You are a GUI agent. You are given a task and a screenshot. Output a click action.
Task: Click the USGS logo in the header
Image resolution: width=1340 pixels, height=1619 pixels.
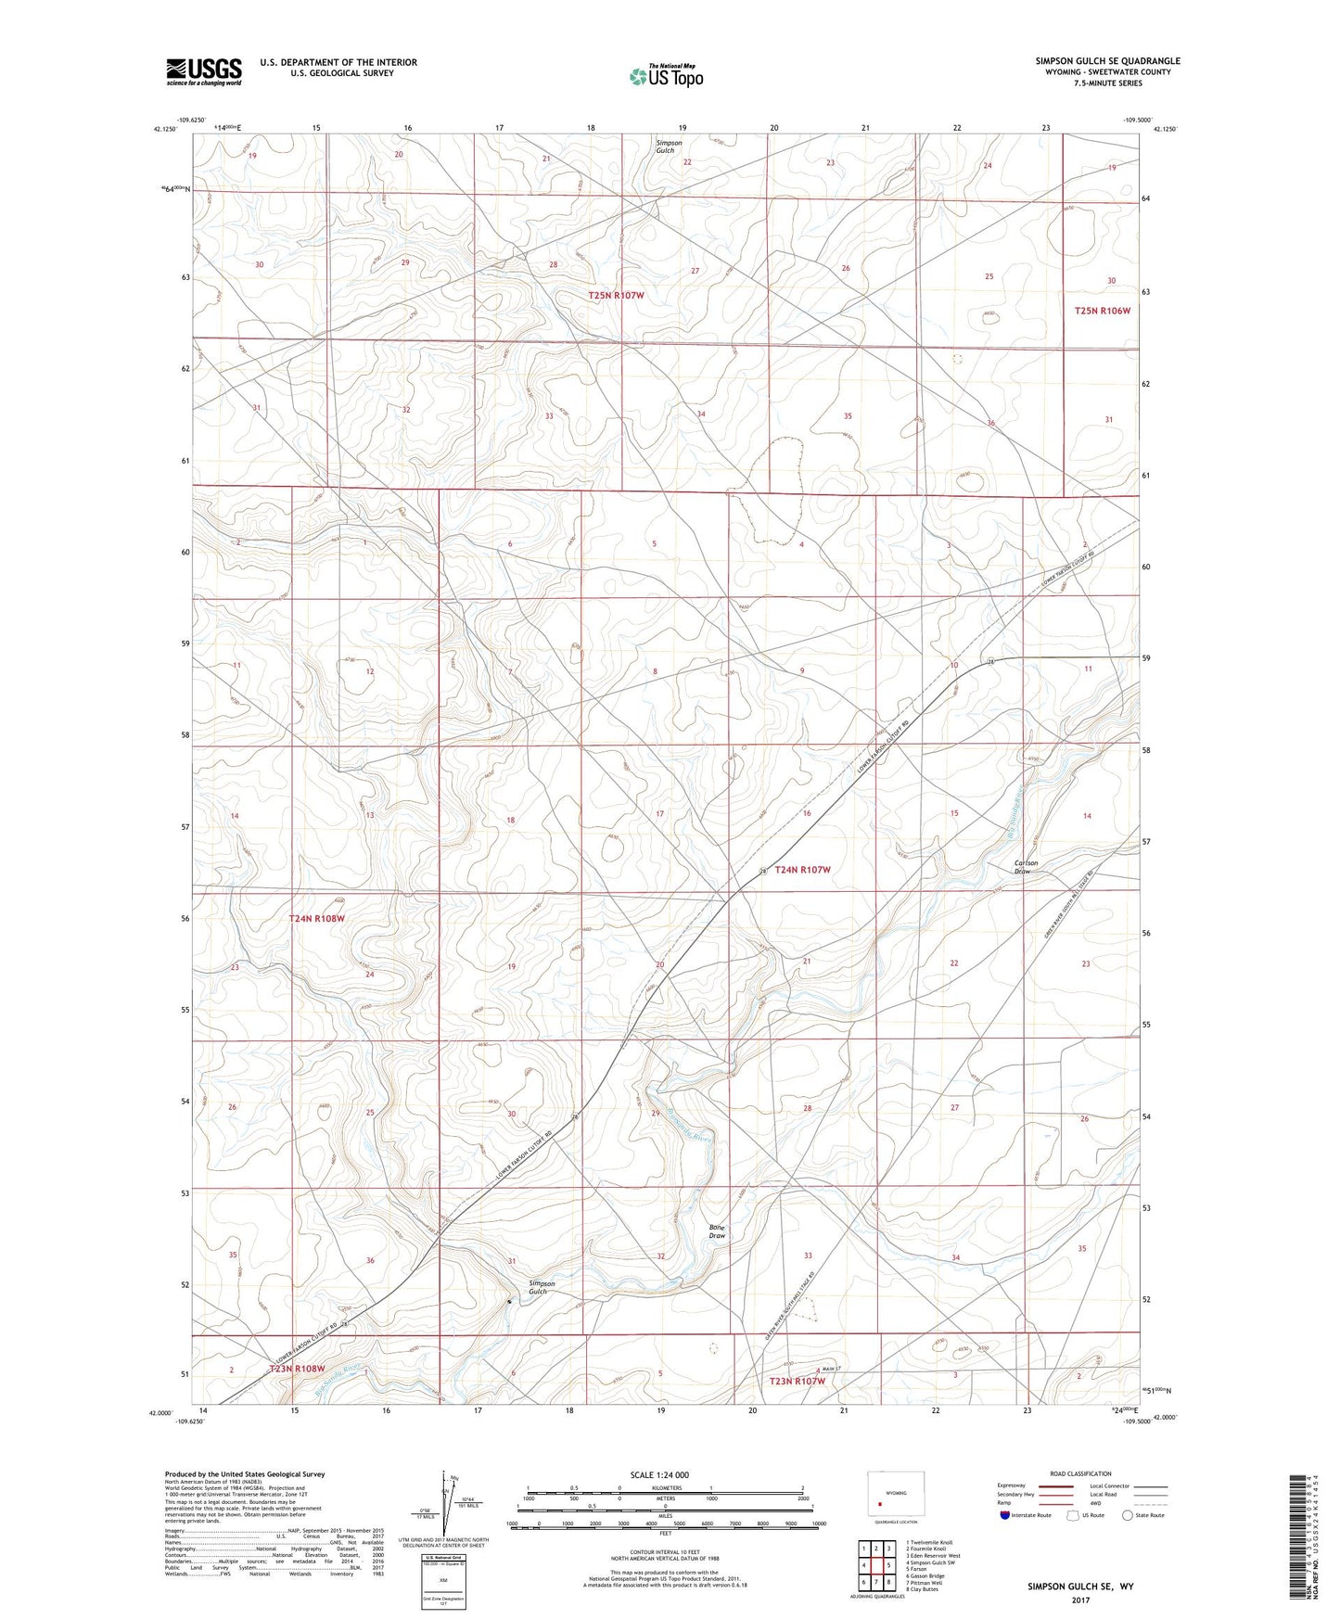click(x=203, y=70)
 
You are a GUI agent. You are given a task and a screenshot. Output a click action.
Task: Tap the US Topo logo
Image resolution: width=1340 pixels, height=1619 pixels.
click(x=666, y=76)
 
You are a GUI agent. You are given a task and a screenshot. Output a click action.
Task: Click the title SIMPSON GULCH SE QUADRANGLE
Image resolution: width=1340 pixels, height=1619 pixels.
click(x=1107, y=61)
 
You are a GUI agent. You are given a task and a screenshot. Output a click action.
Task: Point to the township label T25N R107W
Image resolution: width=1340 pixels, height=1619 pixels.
click(x=616, y=295)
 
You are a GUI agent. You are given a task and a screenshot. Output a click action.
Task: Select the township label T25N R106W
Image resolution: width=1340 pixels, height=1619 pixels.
click(x=1102, y=311)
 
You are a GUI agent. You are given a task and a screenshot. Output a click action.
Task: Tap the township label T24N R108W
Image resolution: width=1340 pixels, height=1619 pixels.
click(x=316, y=918)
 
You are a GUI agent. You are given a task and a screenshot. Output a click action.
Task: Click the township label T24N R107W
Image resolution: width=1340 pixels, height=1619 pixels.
click(x=802, y=870)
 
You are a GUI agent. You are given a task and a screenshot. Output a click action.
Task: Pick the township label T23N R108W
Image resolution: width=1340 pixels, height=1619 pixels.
click(x=297, y=1369)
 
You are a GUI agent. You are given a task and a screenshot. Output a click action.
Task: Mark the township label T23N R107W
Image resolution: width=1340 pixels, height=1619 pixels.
click(x=797, y=1381)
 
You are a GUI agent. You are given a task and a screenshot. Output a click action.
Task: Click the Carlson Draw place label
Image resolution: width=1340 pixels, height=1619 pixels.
click(x=1025, y=867)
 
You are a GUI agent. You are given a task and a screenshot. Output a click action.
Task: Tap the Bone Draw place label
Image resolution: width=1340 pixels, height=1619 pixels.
click(x=717, y=1230)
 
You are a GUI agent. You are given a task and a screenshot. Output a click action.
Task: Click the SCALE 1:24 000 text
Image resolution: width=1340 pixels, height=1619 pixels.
click(x=659, y=1474)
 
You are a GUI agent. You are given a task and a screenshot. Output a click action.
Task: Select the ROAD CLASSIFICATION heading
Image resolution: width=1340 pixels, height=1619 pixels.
click(x=1080, y=1473)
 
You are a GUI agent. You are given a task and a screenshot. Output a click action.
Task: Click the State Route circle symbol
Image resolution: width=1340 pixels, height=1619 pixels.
click(x=1127, y=1515)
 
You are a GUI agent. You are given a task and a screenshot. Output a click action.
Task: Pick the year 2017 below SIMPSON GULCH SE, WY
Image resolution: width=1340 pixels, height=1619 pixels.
click(x=1080, y=1600)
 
